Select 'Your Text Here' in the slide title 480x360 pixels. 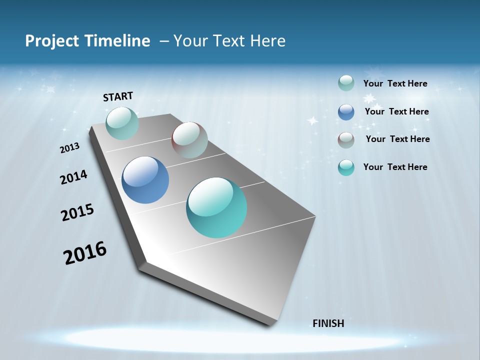tap(229, 41)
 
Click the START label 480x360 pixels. tap(118, 96)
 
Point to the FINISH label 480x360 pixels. tap(328, 323)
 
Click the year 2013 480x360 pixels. tap(70, 148)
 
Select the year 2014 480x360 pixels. tap(74, 177)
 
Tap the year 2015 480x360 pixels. tap(77, 212)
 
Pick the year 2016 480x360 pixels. tap(85, 253)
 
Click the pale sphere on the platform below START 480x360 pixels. tap(122, 123)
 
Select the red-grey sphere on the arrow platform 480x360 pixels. tap(189, 139)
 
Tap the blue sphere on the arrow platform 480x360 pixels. tap(145, 180)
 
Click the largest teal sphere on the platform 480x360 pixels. tap(216, 207)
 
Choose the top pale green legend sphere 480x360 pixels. tap(346, 83)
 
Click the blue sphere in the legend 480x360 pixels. tap(346, 112)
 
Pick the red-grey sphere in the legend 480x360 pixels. tap(346, 140)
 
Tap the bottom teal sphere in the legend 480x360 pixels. tap(346, 167)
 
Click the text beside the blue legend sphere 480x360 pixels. tap(396, 111)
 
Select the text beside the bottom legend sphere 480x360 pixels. tap(395, 167)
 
